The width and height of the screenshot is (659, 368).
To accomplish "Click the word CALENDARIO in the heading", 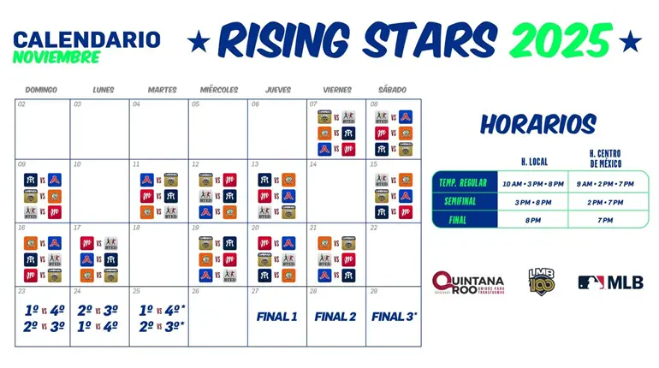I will tap(86, 39).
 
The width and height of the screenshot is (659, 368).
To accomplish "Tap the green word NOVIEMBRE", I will tap(56, 57).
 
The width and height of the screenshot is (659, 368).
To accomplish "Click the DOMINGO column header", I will tap(41, 90).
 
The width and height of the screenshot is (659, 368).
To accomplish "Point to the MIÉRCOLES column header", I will tap(219, 90).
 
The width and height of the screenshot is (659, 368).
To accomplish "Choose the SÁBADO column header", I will tap(392, 90).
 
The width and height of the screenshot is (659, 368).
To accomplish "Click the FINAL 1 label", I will tap(277, 317).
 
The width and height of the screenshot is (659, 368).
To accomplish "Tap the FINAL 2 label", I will tap(335, 317).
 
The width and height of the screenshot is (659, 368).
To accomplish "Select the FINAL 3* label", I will tap(395, 317).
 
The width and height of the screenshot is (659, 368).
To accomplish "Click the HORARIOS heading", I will tap(537, 124).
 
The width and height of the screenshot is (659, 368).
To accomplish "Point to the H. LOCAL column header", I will tap(535, 161).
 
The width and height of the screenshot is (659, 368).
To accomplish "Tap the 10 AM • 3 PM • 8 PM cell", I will tap(535, 183).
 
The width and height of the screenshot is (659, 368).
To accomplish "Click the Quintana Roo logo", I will tap(468, 282).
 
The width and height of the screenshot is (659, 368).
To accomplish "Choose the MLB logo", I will tap(611, 282).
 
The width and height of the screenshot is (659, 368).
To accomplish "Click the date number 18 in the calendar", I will tap(136, 228).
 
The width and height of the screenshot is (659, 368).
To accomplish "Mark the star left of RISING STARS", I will tap(199, 40).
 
